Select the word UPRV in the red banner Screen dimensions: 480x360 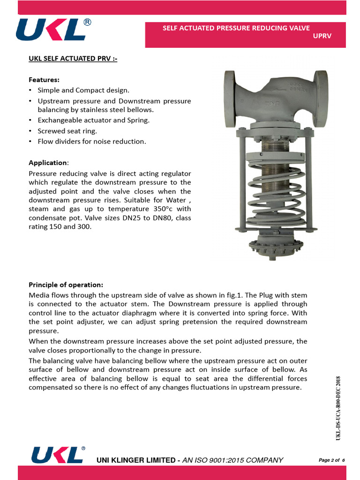pos(322,36)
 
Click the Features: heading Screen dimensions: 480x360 pos(44,80)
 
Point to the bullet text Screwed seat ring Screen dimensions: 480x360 pos(67,131)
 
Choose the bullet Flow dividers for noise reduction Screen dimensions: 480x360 pos(91,141)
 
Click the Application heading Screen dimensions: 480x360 pos(48,163)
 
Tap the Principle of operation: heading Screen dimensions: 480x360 pos(66,285)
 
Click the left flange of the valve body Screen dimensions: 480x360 pos(230,99)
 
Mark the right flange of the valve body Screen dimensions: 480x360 pos(321,99)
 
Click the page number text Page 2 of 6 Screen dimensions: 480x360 pos(332,460)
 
